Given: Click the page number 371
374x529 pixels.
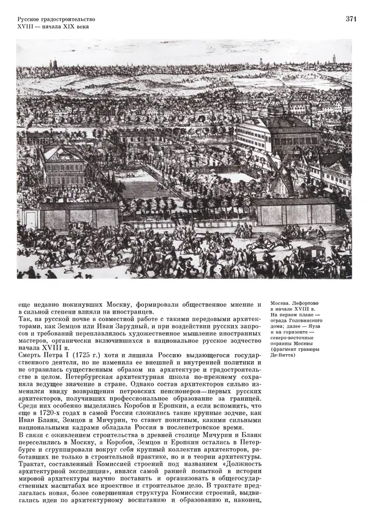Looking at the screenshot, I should click(351, 19).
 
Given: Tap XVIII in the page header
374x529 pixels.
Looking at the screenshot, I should click(27, 28).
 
